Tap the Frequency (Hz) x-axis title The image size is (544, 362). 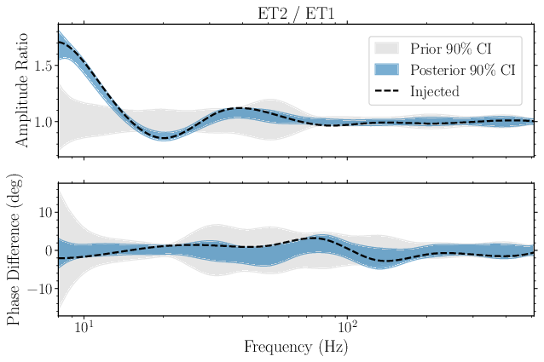[x=296, y=347]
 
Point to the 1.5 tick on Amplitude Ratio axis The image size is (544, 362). [x=42, y=66]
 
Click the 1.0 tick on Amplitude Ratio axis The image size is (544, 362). [x=42, y=122]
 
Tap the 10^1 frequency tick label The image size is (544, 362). [x=84, y=326]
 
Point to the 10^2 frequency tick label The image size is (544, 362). [x=347, y=326]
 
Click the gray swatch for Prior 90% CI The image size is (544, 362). [x=386, y=47]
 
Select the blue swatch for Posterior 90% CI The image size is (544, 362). [x=386, y=68]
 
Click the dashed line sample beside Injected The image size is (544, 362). [x=386, y=89]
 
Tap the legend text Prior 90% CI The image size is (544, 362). [x=452, y=47]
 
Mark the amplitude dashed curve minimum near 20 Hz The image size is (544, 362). [x=165, y=137]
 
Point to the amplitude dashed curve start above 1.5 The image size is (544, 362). [x=59, y=43]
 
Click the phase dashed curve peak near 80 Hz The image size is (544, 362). [x=316, y=238]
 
